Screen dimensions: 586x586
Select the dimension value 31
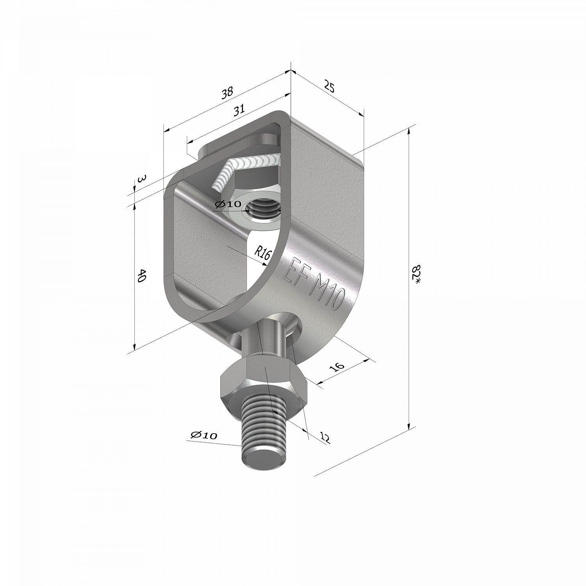click(239, 111)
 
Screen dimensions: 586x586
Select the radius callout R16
click(263, 253)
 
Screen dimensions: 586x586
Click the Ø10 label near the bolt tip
click(204, 435)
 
